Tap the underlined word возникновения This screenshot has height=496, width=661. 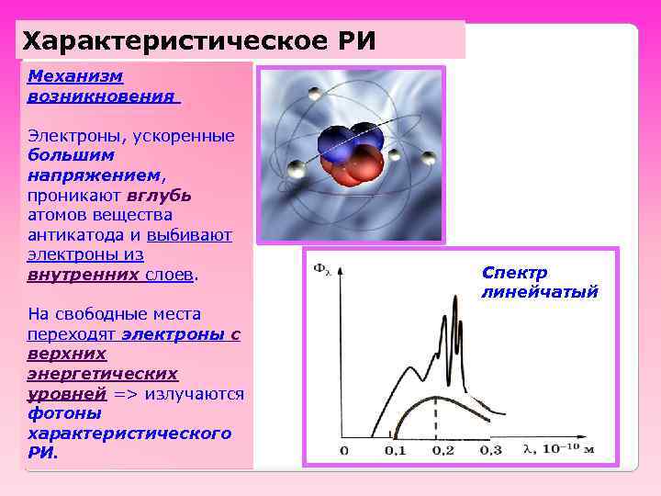(x=102, y=96)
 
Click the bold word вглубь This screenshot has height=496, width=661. (x=160, y=195)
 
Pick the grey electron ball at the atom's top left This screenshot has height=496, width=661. (x=316, y=95)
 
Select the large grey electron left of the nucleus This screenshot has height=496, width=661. (x=296, y=169)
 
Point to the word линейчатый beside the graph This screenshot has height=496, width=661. (x=539, y=292)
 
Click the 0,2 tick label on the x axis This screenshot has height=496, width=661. (x=444, y=450)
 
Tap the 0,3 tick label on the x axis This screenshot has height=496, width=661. (x=491, y=450)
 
